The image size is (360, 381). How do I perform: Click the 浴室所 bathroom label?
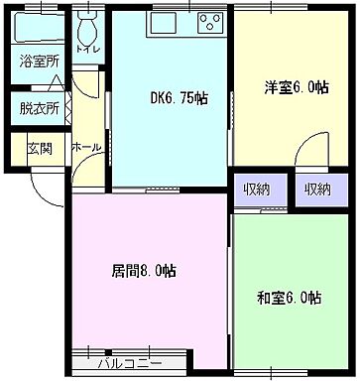(39, 61)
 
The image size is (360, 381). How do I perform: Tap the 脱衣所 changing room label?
(39, 108)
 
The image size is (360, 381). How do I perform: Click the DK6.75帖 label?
(179, 97)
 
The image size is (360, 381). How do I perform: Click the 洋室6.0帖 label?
(295, 86)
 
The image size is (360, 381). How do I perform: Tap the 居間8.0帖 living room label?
(143, 270)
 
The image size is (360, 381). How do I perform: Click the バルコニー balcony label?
(130, 364)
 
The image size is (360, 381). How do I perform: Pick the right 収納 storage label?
(318, 190)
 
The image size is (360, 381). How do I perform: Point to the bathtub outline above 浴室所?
(40, 27)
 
